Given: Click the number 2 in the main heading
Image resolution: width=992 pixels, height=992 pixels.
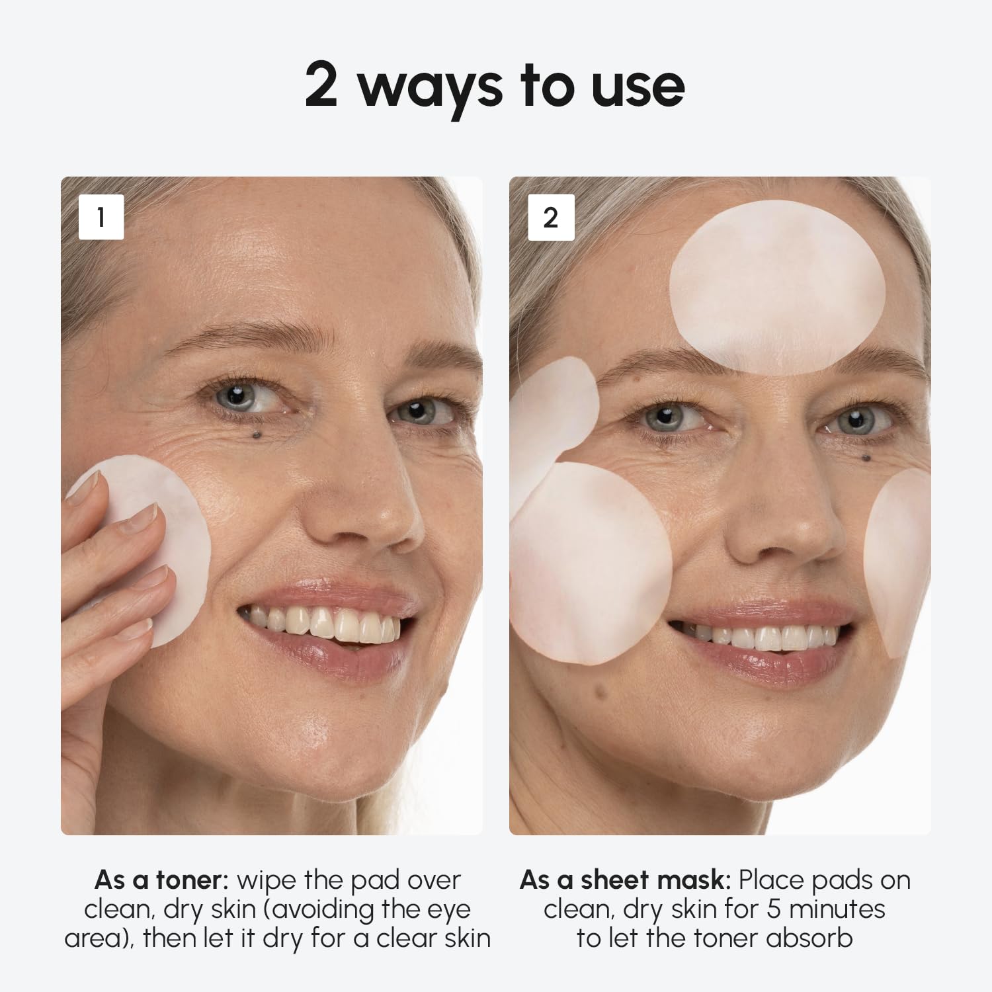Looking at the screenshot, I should point(321,85).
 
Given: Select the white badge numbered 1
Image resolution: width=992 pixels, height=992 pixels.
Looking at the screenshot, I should point(101,217).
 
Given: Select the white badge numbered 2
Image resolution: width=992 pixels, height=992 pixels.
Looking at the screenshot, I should point(550,217).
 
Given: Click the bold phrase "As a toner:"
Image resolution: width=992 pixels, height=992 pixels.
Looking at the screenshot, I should point(161,880).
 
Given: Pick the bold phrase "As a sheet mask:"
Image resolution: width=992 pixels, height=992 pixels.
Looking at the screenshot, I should point(625,880).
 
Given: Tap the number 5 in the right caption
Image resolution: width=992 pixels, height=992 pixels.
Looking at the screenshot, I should point(774,909).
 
